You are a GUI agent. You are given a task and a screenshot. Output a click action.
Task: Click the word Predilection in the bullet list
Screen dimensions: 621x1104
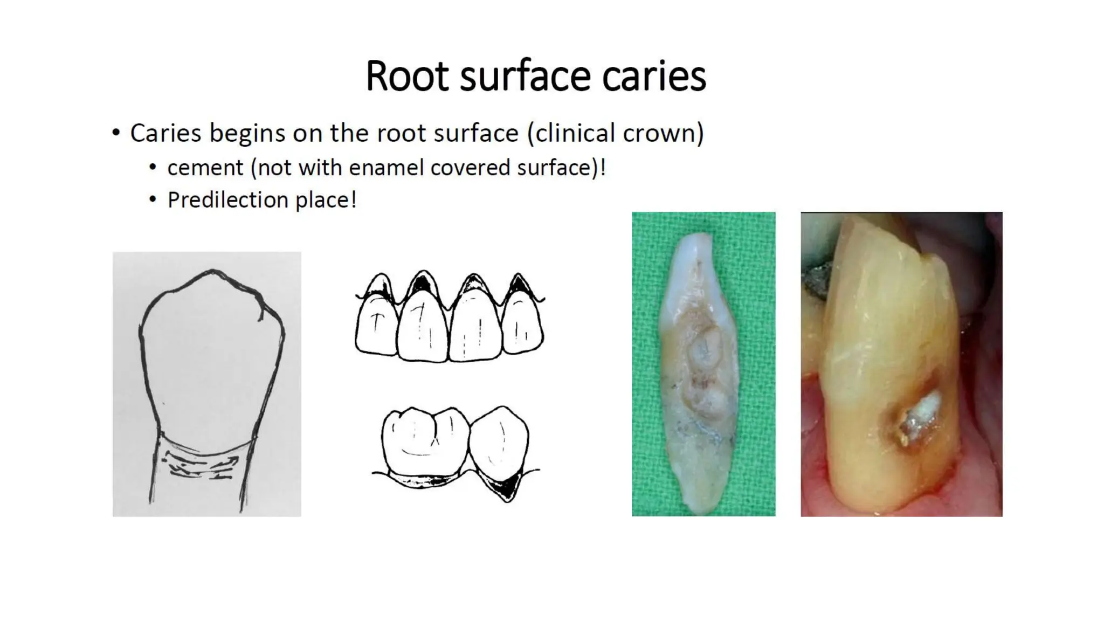[229, 200]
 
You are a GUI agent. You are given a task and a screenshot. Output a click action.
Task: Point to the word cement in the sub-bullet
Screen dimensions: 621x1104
[205, 168]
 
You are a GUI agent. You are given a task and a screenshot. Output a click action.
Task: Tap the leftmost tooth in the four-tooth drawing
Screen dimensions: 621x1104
[376, 326]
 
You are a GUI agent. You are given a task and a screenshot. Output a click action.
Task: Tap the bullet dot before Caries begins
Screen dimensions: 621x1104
[116, 133]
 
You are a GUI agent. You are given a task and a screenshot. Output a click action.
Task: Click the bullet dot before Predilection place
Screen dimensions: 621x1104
[154, 200]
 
